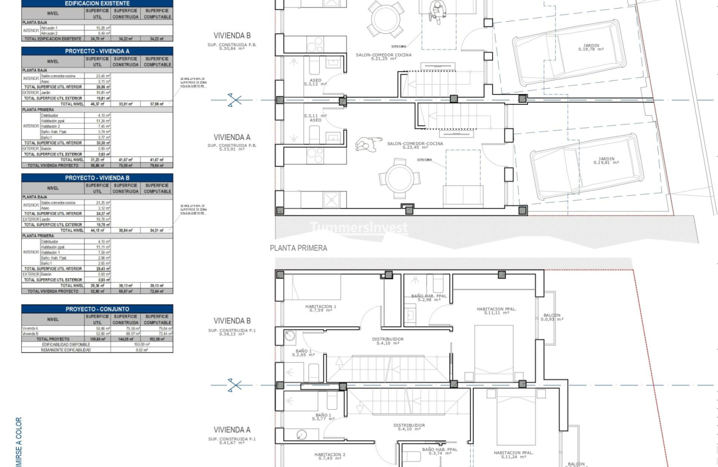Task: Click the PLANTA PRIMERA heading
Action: [299, 248]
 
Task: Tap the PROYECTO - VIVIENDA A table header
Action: [97, 51]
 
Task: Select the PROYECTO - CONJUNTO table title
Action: [97, 309]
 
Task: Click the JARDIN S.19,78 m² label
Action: [591, 48]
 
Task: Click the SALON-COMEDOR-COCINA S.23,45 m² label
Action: [415, 145]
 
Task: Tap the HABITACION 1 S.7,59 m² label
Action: [320, 308]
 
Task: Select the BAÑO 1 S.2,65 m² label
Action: [302, 353]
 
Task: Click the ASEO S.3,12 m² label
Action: [315, 82]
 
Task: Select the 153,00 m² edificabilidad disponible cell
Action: [141, 344]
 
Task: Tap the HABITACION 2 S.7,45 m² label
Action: [330, 456]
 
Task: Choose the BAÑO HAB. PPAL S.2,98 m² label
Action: [432, 298]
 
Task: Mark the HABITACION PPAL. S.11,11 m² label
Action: [496, 310]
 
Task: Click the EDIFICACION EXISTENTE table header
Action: [97, 3]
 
